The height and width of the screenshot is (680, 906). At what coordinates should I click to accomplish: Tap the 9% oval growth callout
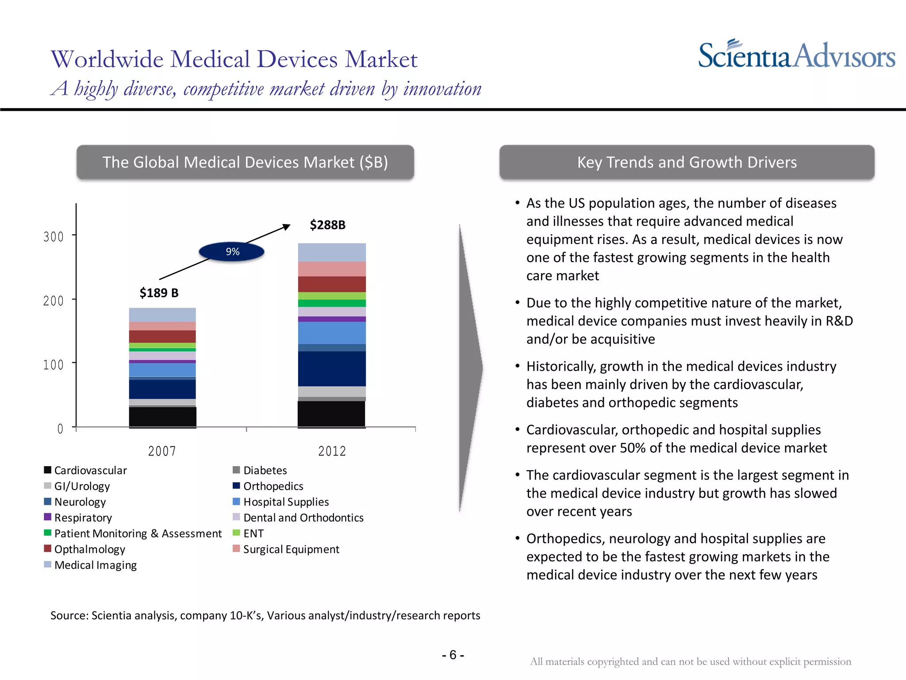pyautogui.click(x=232, y=252)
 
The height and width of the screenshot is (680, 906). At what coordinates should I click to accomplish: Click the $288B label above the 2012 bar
pyautogui.click(x=327, y=225)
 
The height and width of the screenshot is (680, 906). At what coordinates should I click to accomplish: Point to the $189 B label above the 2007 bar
pyautogui.click(x=159, y=293)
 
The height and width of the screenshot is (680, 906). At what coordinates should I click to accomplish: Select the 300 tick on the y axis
pyautogui.click(x=54, y=237)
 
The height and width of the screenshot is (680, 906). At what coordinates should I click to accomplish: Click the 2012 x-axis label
pyautogui.click(x=332, y=451)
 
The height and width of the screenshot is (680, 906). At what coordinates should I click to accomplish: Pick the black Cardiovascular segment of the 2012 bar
pyautogui.click(x=331, y=414)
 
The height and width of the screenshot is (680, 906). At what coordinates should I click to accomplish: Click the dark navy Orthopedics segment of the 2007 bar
pyautogui.click(x=162, y=389)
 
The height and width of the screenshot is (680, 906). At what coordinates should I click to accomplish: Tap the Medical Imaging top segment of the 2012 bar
pyautogui.click(x=332, y=252)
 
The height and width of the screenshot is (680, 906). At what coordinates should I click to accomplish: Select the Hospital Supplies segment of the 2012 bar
pyautogui.click(x=332, y=333)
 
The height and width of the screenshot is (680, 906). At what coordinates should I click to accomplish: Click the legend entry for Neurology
pyautogui.click(x=80, y=502)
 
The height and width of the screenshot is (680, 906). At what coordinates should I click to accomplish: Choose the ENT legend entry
pyautogui.click(x=253, y=533)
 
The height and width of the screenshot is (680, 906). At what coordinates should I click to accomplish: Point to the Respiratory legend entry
pyautogui.click(x=83, y=518)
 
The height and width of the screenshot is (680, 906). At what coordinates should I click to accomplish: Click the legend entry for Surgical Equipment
pyautogui.click(x=291, y=549)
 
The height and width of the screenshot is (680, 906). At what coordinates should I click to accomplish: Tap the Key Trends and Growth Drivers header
pyautogui.click(x=687, y=162)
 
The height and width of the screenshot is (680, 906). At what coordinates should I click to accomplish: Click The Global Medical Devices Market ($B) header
pyautogui.click(x=245, y=162)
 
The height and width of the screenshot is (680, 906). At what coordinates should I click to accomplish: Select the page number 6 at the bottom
pyautogui.click(x=453, y=655)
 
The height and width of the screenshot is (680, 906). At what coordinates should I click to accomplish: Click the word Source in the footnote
pyautogui.click(x=69, y=615)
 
